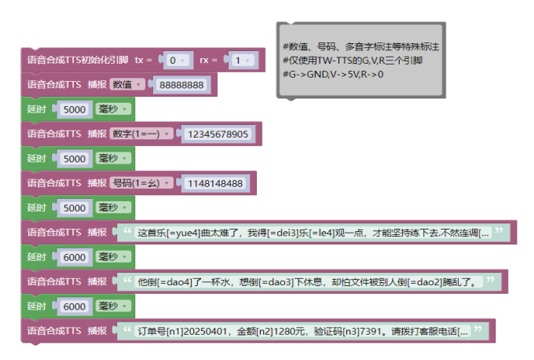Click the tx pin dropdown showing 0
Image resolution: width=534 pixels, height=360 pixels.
[x=174, y=60]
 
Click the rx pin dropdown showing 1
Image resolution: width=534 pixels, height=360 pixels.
[x=243, y=60]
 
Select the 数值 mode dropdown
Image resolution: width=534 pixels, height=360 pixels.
[x=127, y=84]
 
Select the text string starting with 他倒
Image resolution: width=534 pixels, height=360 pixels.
[x=307, y=281]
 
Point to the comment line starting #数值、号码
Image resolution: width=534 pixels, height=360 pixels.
[x=360, y=47]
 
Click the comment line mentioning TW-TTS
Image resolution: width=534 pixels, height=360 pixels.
[x=354, y=61]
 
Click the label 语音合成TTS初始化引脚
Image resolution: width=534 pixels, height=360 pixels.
[x=78, y=60]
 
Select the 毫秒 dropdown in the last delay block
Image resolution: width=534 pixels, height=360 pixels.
[x=112, y=307]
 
